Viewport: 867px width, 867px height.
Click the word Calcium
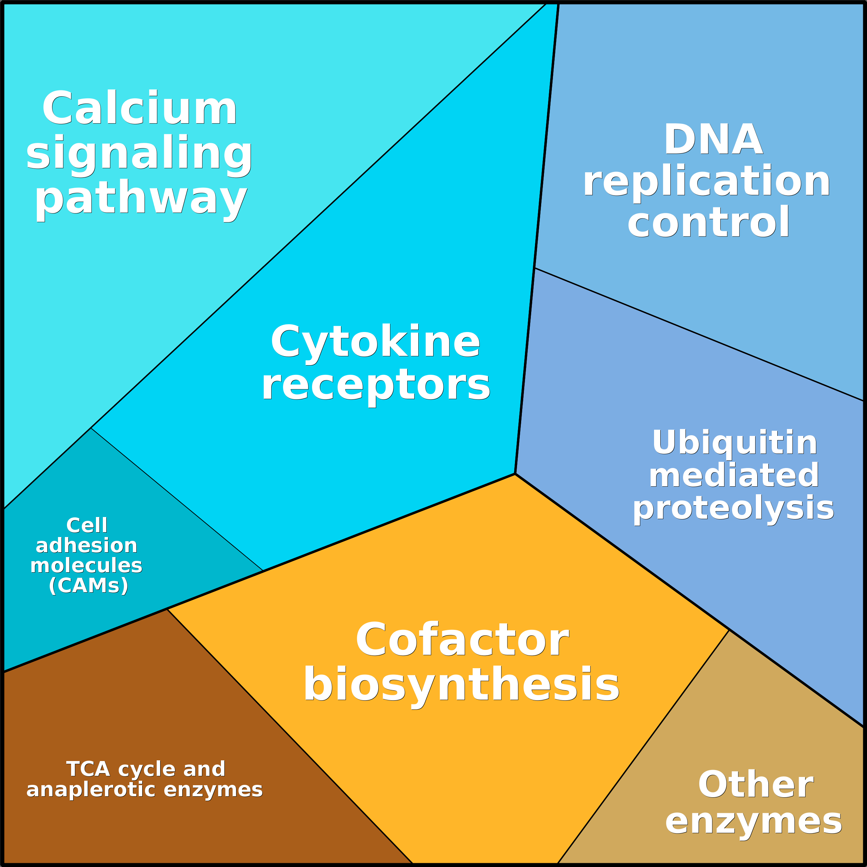(x=139, y=108)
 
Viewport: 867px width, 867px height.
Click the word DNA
(x=713, y=139)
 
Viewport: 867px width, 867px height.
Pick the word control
(x=709, y=222)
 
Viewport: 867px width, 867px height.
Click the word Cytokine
(x=375, y=342)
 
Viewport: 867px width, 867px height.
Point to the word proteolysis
(x=733, y=508)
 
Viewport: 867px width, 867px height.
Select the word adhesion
(x=87, y=546)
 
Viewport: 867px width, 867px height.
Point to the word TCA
(x=88, y=769)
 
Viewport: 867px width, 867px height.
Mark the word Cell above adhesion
(x=87, y=526)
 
